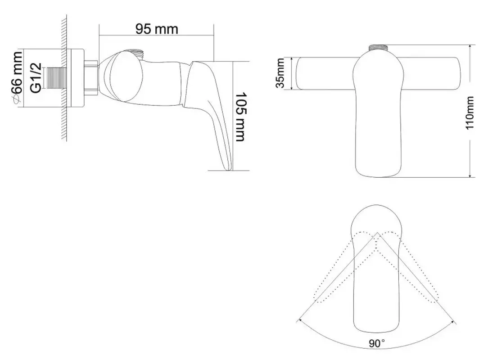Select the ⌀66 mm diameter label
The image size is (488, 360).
tap(17, 78)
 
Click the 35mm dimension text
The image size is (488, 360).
tap(281, 74)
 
